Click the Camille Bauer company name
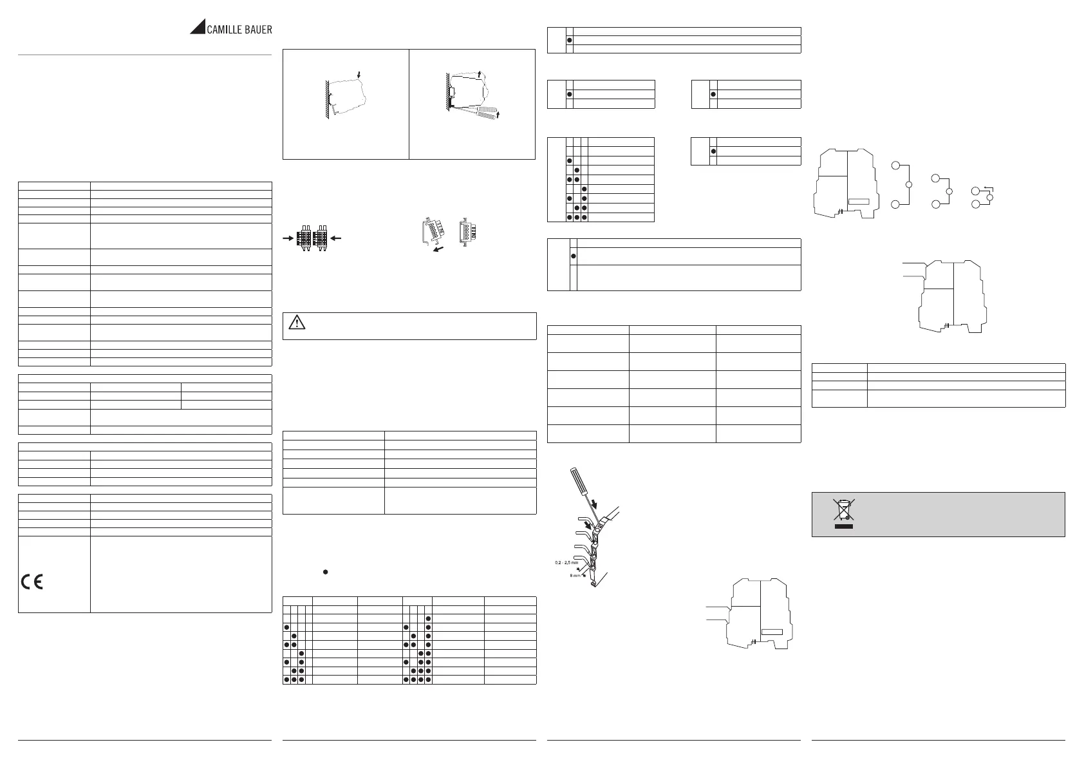click(x=239, y=29)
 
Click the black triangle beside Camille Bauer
click(x=197, y=28)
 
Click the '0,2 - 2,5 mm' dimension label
click(x=565, y=563)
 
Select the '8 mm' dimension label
click(x=574, y=576)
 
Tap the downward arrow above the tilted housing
click(x=360, y=75)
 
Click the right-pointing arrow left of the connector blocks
click(x=288, y=238)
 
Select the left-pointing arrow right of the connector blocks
click(x=336, y=238)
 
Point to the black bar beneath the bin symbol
click(x=844, y=527)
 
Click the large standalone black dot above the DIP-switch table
click(x=326, y=572)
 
